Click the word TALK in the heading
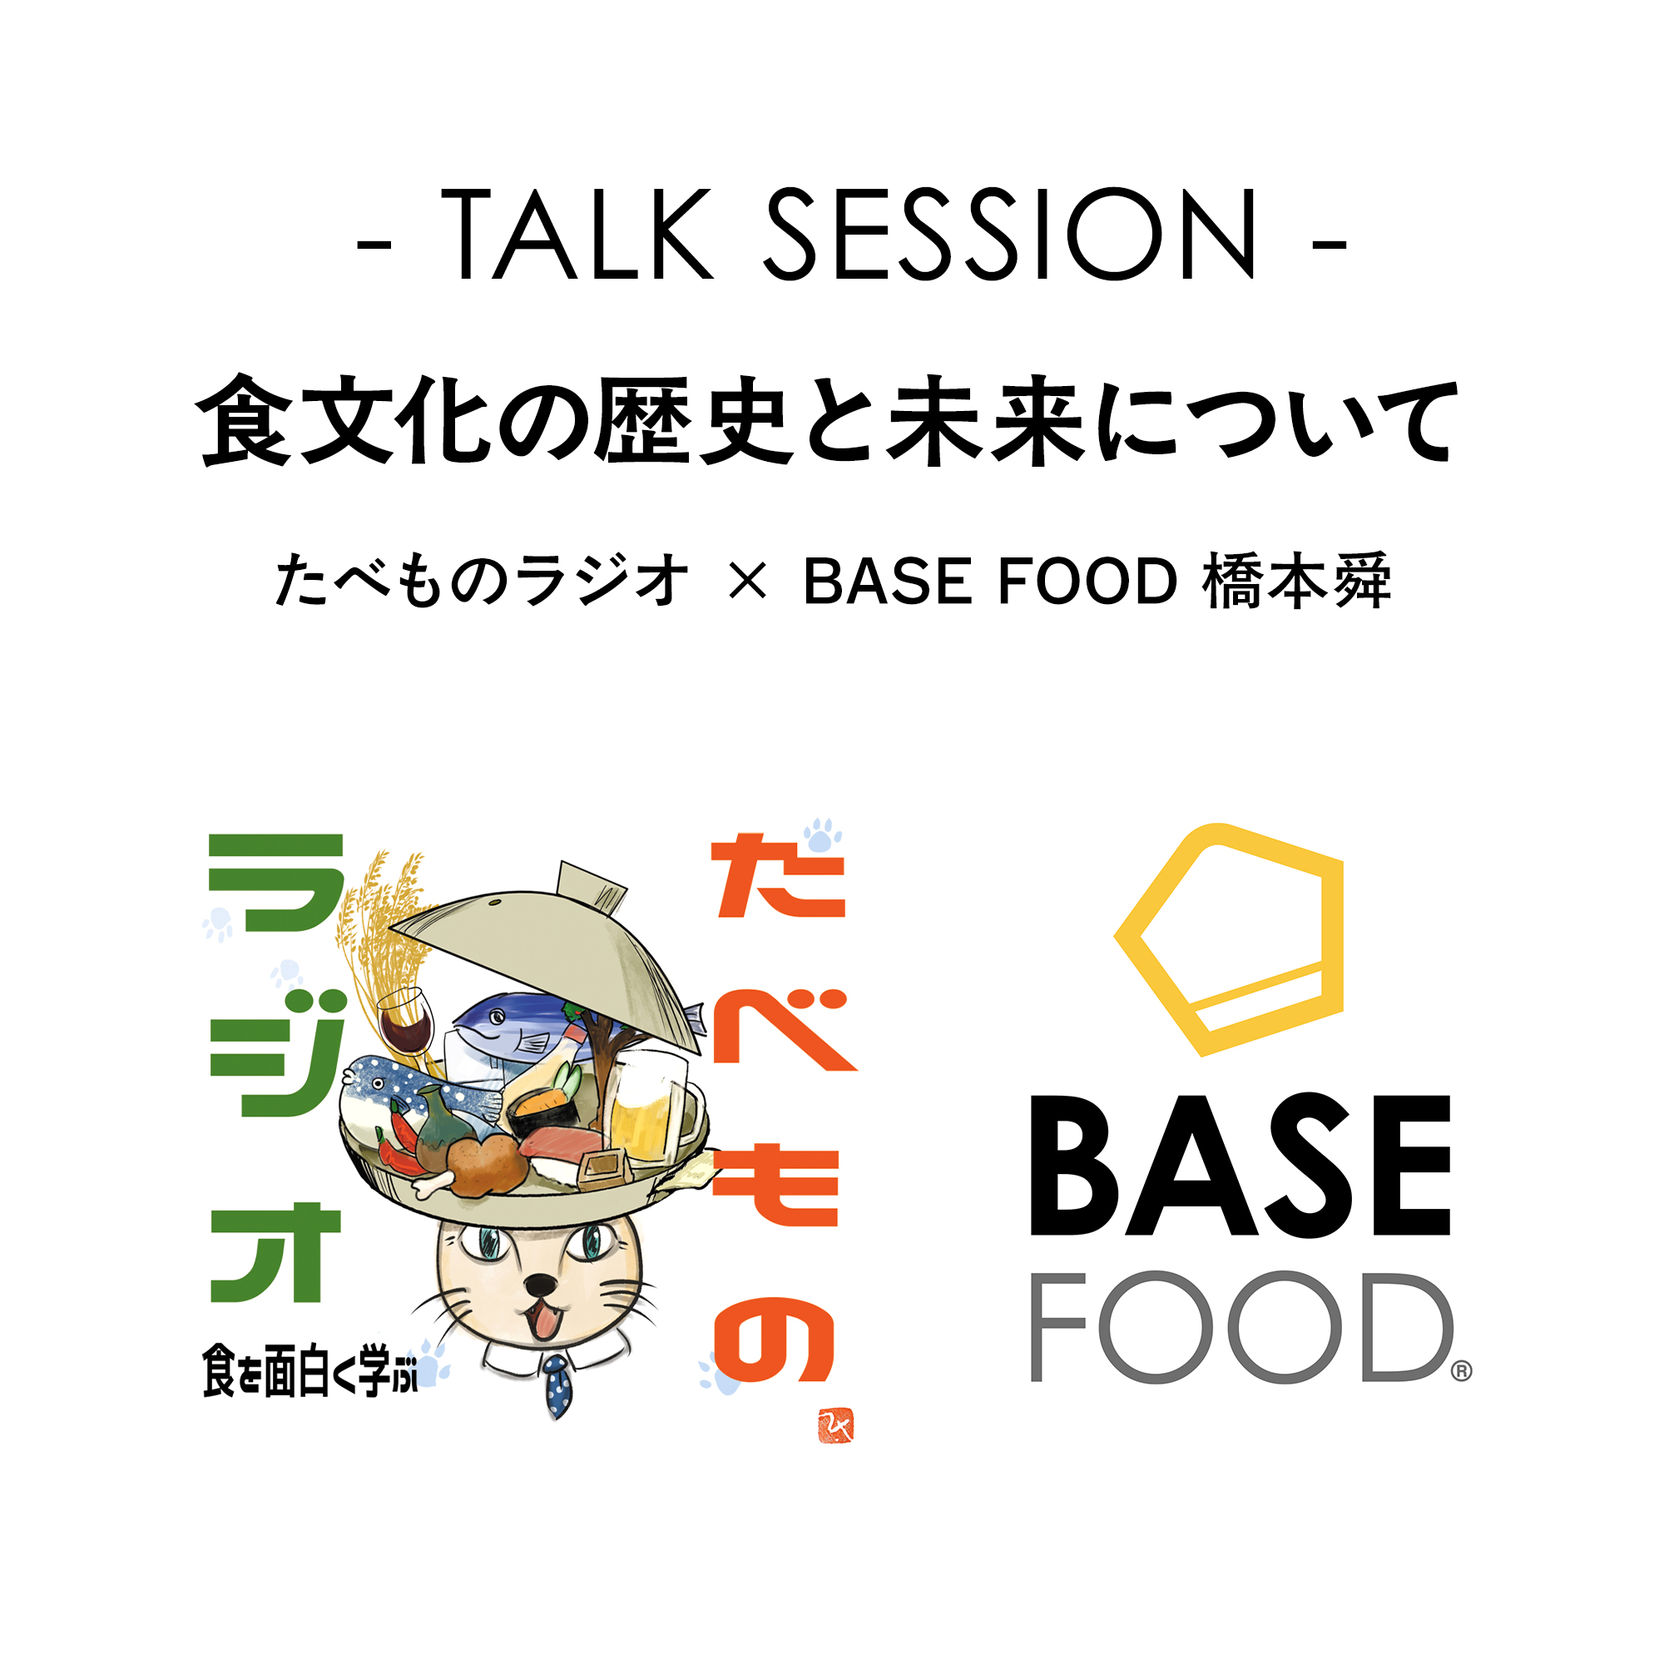point(577,235)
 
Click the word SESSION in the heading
point(1010,235)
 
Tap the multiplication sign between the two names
point(747,582)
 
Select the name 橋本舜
point(1296,581)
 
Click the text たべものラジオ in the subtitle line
point(483,581)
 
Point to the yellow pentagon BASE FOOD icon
point(1229,939)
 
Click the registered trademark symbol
point(1462,1371)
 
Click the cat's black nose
point(540,1286)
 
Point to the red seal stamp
point(835,1427)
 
